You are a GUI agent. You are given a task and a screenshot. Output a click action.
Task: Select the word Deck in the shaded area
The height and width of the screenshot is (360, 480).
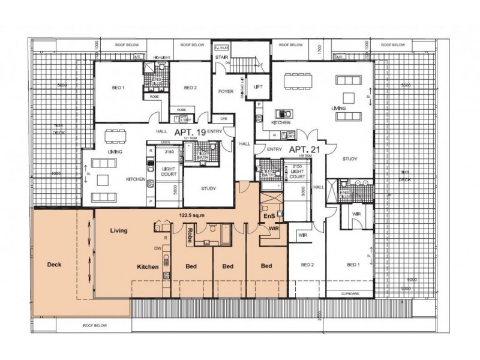click(54, 264)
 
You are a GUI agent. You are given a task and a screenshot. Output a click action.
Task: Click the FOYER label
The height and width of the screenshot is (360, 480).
click(225, 92)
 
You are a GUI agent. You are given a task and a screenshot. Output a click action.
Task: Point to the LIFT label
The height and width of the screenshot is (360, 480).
click(259, 88)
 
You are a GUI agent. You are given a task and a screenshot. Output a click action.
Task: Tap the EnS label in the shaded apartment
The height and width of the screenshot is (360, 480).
click(269, 215)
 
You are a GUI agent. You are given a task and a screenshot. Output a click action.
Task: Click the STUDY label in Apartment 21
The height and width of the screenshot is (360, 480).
click(350, 159)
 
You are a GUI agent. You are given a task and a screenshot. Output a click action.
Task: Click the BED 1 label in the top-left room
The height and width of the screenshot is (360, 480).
click(118, 88)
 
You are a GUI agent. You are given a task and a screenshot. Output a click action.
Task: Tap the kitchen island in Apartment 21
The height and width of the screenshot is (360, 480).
click(281, 113)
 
